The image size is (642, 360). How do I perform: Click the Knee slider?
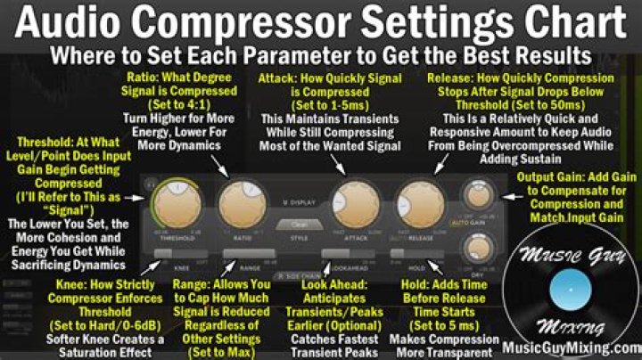(176, 256)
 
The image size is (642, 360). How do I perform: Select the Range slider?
(243, 256)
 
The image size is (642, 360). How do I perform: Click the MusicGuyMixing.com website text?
(571, 348)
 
